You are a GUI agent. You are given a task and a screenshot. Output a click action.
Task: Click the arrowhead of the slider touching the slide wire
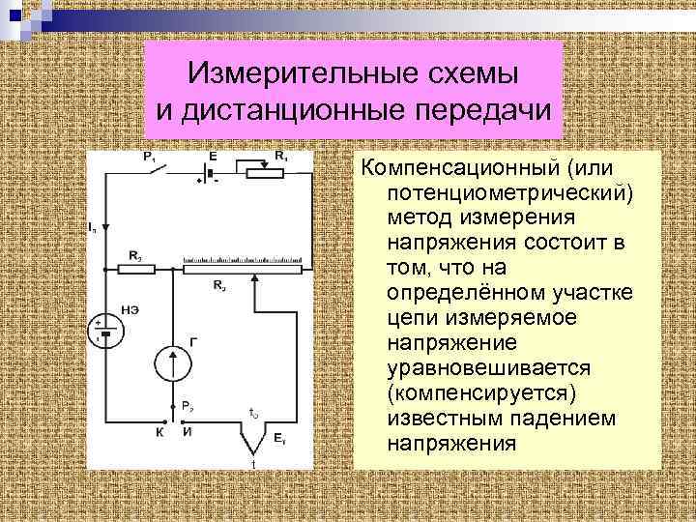pyautogui.click(x=254, y=278)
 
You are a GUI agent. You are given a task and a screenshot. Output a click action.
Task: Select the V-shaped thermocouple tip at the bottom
pyautogui.click(x=253, y=446)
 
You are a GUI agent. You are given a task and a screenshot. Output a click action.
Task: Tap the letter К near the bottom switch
pyautogui.click(x=160, y=433)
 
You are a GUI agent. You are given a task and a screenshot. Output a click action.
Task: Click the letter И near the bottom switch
pyautogui.click(x=187, y=433)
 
